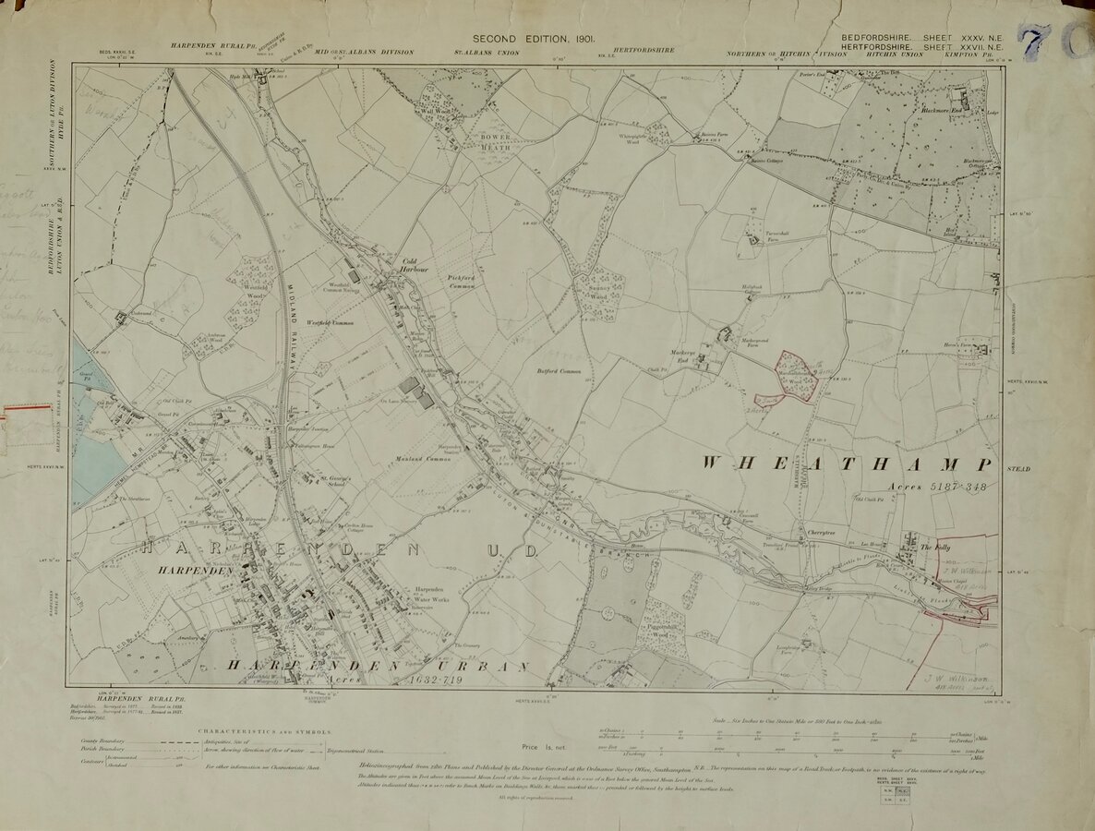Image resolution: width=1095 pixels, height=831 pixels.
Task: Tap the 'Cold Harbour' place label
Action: point(411,266)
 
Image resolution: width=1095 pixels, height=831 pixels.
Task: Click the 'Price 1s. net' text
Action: point(542,746)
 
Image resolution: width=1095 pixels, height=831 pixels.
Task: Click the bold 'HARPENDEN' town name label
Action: point(172,572)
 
